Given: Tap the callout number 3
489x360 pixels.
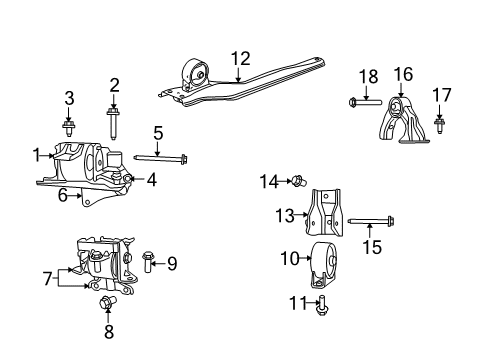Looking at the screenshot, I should click(114, 85).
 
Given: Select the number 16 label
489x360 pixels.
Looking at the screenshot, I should click(70, 97).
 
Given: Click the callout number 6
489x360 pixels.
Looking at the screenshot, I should click(63, 195).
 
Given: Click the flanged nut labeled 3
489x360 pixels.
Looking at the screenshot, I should click(69, 127).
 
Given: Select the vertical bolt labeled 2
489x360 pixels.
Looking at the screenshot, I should click(114, 123).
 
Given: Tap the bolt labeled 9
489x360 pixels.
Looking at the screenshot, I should click(149, 264).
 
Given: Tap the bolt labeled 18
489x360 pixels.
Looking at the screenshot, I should click(365, 101).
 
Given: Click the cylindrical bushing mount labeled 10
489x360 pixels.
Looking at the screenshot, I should click(322, 259).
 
